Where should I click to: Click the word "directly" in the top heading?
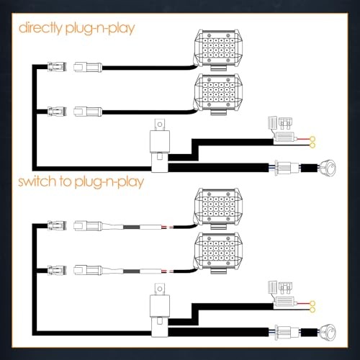pos(40,28)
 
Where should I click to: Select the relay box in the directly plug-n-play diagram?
pos(160,142)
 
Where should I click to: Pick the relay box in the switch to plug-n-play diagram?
pos(160,306)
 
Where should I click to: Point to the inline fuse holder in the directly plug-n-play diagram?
pos(284,138)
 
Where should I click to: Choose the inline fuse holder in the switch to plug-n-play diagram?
pos(284,302)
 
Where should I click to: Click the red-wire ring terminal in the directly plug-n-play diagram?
pos(312,139)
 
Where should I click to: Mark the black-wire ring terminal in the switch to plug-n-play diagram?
pos(312,310)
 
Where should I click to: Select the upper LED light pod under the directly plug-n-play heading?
pos(218,50)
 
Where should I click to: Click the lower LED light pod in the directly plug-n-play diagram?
pos(218,94)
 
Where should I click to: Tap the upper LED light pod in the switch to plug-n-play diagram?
pos(218,208)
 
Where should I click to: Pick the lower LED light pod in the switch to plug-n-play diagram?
pos(218,253)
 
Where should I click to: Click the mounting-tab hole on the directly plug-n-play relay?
pos(160,125)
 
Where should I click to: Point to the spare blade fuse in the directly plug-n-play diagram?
pos(286,122)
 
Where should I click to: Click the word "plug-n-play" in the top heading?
pos(100,29)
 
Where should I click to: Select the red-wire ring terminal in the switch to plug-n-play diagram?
pos(312,304)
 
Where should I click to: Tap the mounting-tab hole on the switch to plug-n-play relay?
pos(160,289)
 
